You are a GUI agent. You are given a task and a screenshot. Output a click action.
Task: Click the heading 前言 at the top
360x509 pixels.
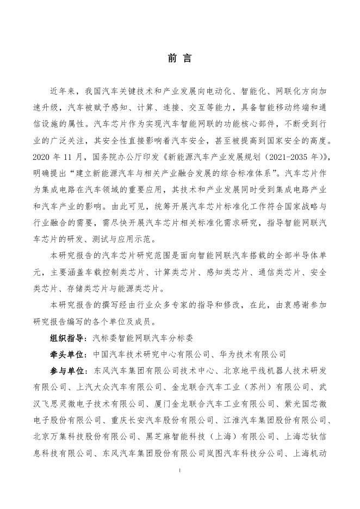click(179, 58)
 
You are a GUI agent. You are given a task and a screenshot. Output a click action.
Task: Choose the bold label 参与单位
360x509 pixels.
click(67, 370)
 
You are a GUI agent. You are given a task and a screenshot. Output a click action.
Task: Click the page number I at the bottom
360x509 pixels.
click(180, 470)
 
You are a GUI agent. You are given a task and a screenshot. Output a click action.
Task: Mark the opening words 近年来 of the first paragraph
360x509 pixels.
click(63, 88)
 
